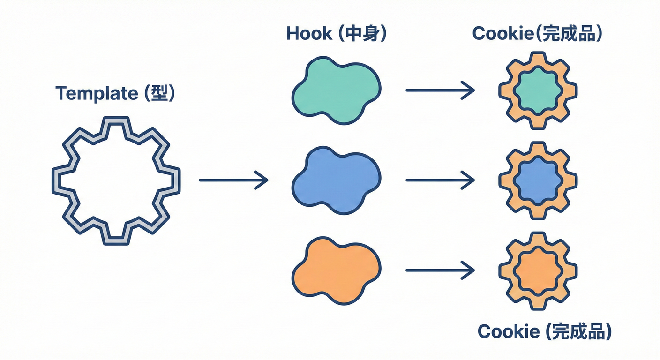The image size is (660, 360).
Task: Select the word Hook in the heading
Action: tap(307, 34)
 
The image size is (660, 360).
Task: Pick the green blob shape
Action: tap(336, 90)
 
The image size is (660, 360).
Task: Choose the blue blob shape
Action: tap(336, 180)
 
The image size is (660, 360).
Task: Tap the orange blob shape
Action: tap(336, 270)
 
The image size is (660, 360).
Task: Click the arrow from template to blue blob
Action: tap(233, 180)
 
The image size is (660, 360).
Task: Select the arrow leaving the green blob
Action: tap(440, 90)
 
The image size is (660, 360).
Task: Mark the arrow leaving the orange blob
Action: tap(440, 270)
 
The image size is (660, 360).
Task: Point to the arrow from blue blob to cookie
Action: tap(440, 180)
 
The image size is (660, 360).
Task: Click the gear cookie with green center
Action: tap(538, 90)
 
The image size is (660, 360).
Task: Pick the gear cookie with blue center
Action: tap(538, 180)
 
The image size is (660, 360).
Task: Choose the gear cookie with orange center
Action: tap(538, 270)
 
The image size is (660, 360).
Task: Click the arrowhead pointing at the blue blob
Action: tap(262, 180)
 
